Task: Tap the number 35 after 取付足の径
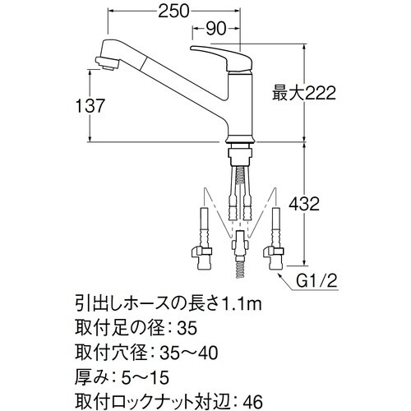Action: pos(187,329)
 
